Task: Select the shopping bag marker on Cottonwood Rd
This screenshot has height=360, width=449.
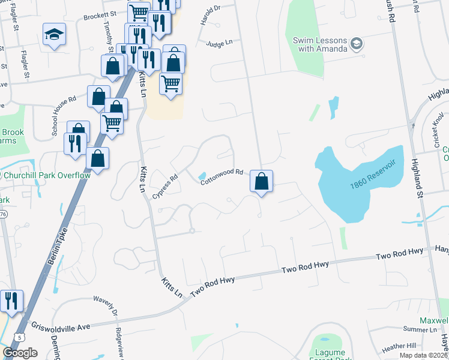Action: [x=262, y=181]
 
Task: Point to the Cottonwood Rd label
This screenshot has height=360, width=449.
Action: [x=221, y=176]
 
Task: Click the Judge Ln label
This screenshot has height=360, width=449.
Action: [x=218, y=44]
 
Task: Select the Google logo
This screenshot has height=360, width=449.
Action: [x=20, y=353]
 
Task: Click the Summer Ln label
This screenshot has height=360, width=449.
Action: [x=420, y=329]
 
